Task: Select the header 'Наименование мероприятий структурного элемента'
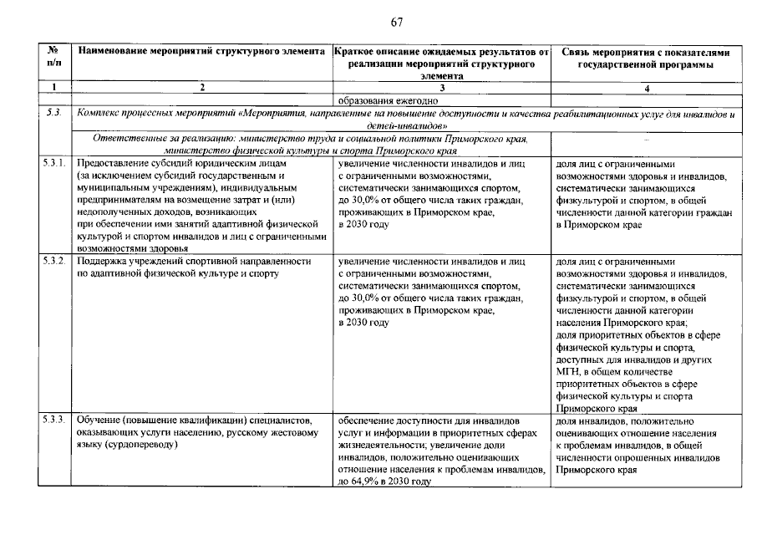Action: pyautogui.click(x=201, y=52)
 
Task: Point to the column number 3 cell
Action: pyautogui.click(x=441, y=88)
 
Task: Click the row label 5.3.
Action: pyautogui.click(x=54, y=112)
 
